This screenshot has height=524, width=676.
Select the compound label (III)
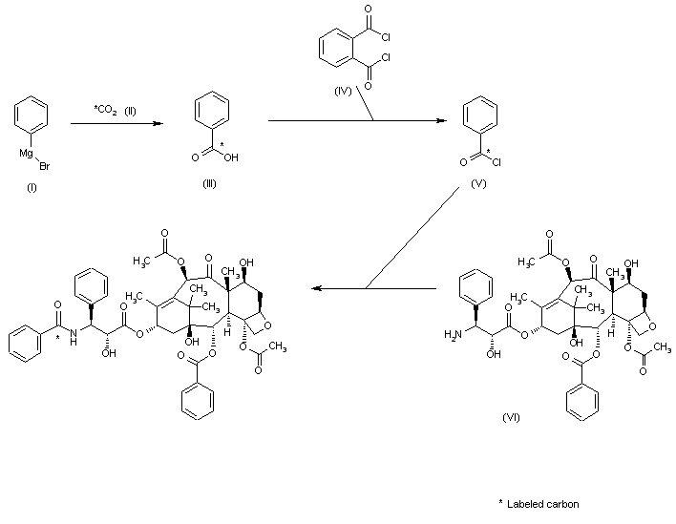coord(209,183)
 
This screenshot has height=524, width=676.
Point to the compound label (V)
coord(478,183)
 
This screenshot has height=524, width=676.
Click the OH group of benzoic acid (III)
coord(230,158)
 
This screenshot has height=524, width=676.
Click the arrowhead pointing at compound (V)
coord(442,121)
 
